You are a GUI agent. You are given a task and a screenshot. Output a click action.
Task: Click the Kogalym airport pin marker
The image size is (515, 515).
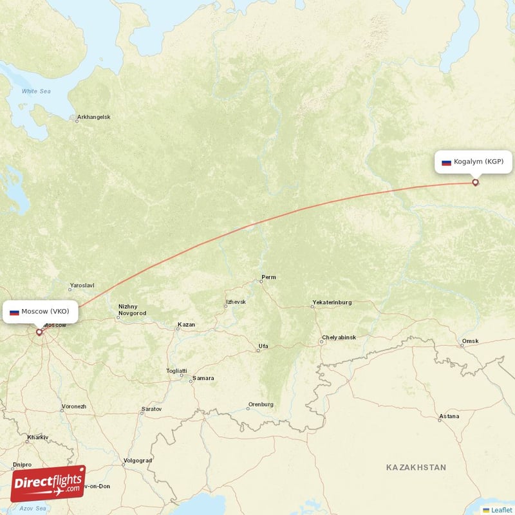(476, 182)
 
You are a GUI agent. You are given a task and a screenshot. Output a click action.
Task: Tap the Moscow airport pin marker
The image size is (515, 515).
(39, 332)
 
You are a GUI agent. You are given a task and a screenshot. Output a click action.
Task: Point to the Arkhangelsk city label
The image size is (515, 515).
(93, 117)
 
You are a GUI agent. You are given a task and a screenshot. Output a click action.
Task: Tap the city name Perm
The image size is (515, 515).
(268, 277)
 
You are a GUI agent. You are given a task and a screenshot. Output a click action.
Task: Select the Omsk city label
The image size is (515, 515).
(471, 341)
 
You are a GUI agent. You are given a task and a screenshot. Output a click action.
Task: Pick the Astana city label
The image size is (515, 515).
(449, 416)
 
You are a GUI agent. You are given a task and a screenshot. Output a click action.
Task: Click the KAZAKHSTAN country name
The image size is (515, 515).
(416, 467)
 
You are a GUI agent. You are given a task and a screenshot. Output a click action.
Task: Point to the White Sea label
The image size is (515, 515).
(36, 91)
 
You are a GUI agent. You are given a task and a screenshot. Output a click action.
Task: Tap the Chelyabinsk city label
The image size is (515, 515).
(339, 337)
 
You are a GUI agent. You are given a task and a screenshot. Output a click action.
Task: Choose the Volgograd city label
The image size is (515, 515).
(138, 460)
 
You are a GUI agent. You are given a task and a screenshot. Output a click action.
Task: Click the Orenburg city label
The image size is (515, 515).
(261, 405)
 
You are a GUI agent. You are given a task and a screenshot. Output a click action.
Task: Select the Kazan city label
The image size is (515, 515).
(186, 325)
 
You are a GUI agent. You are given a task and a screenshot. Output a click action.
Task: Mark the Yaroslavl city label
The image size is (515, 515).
(82, 285)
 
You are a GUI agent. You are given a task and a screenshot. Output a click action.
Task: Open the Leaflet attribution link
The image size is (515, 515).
(501, 510)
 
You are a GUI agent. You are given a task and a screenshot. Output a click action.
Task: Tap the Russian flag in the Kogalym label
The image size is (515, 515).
(446, 162)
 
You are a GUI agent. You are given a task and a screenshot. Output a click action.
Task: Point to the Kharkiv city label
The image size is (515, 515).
(37, 438)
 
